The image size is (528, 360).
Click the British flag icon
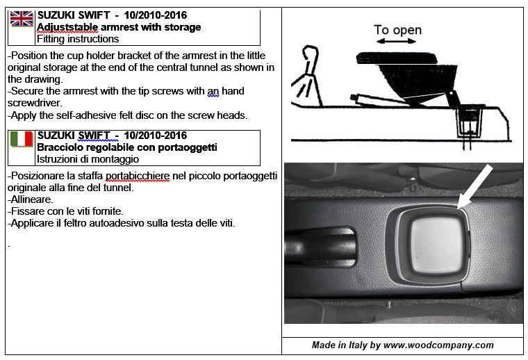[x=22, y=19]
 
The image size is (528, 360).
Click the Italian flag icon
[x=22, y=139]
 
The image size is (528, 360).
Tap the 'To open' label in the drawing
[x=397, y=30]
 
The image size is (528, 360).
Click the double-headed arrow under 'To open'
[x=396, y=42]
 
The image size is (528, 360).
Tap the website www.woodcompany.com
[x=438, y=345]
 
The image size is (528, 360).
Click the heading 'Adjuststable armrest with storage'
[x=119, y=27]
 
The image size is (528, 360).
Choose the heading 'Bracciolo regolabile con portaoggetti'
[x=126, y=147]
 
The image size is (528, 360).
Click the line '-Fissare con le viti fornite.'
[x=65, y=211]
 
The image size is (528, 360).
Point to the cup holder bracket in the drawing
[x=470, y=118]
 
